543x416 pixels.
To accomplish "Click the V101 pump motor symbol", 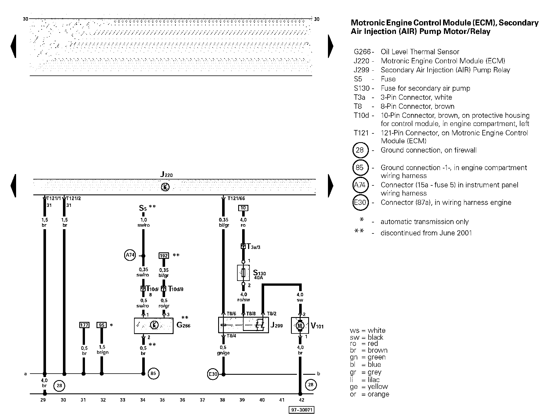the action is click(x=300, y=325).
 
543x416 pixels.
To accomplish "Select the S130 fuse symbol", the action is click(x=243, y=273).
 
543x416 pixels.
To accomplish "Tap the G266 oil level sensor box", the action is click(x=154, y=326).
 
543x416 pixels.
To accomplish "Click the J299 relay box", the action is click(x=243, y=325).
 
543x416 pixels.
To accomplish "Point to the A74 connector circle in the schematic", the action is click(x=130, y=255).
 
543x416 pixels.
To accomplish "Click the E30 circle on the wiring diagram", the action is click(x=213, y=374).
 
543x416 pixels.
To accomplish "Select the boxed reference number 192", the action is click(x=164, y=256).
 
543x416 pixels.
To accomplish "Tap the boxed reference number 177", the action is click(x=84, y=325).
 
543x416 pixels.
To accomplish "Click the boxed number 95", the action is click(x=102, y=325).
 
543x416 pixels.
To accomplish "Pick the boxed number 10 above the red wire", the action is click(x=243, y=208).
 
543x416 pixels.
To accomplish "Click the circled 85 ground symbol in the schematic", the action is click(x=153, y=374).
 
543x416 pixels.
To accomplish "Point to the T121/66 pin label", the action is click(x=236, y=198).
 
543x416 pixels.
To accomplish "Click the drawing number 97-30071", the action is click(x=301, y=410).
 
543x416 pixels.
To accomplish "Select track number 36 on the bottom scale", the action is click(x=182, y=400).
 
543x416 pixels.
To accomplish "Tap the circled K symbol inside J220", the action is click(x=165, y=187).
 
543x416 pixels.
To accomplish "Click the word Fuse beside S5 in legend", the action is click(x=388, y=79).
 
